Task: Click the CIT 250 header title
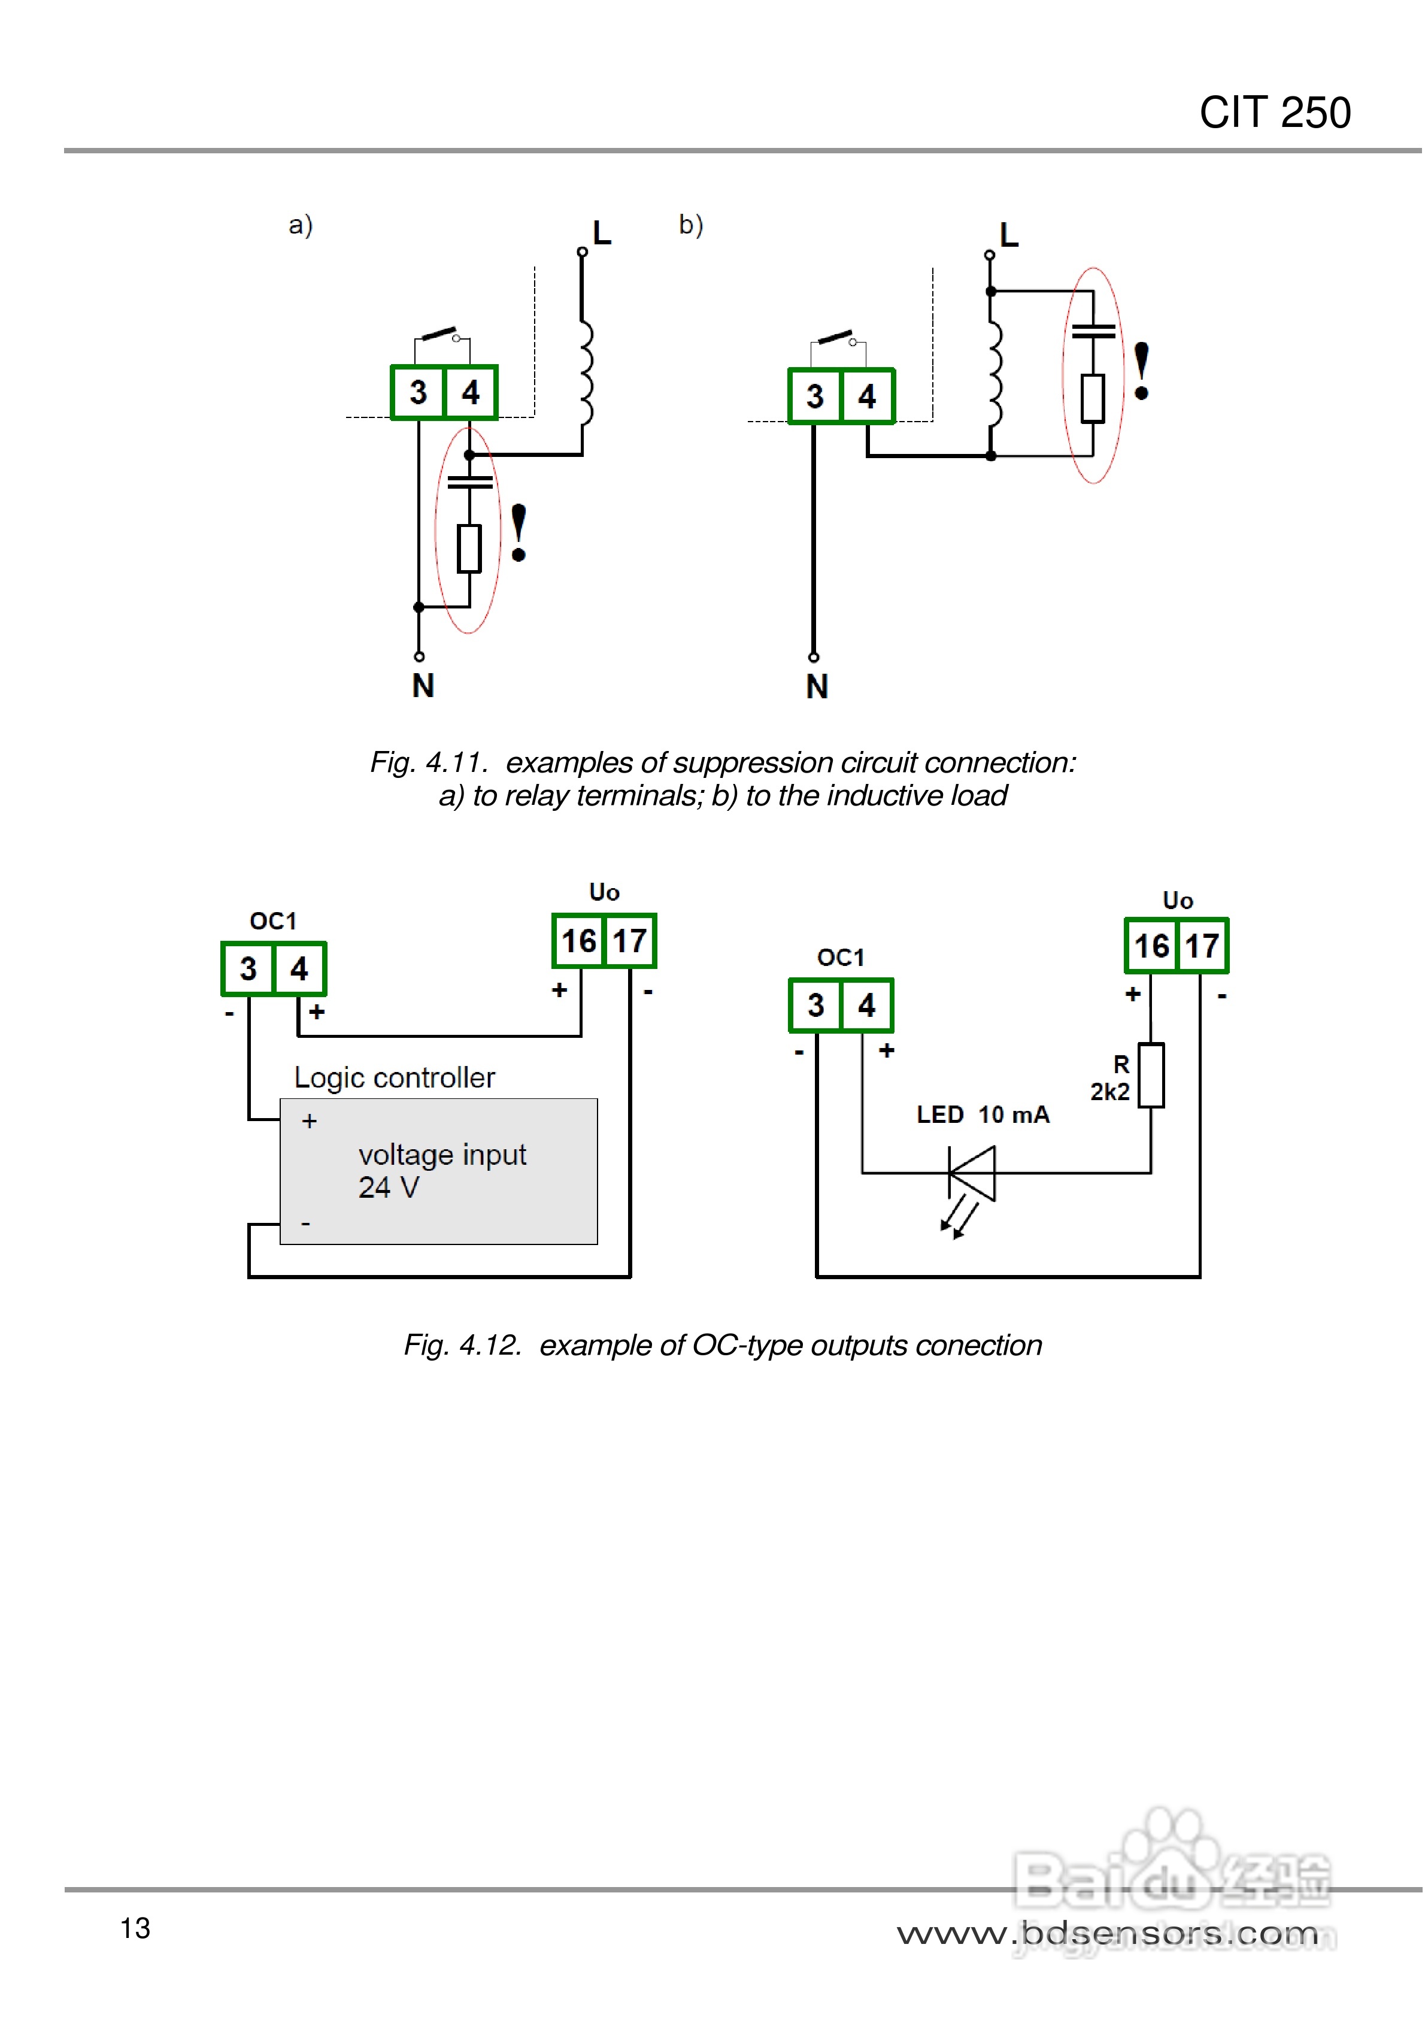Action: [1274, 113]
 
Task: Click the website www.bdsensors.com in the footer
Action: [1107, 1933]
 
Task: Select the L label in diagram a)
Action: [602, 233]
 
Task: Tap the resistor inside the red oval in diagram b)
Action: [1093, 399]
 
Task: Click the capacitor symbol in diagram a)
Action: [470, 481]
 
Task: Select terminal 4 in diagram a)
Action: [471, 393]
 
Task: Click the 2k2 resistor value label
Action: [1109, 1092]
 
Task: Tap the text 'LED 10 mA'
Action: [982, 1115]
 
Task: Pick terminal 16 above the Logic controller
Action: [579, 941]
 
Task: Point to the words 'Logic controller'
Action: [395, 1078]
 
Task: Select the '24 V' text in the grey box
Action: [389, 1188]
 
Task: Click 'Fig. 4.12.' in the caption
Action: [462, 1345]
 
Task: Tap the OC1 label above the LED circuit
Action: [841, 958]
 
